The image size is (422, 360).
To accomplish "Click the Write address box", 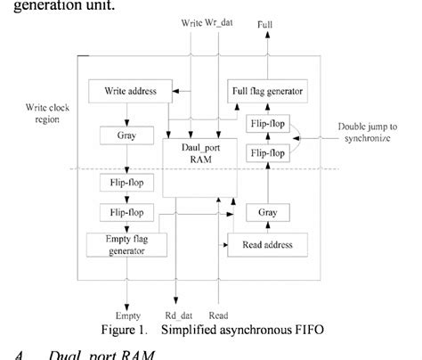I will [x=126, y=90].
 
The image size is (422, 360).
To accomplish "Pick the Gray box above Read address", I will [x=269, y=214].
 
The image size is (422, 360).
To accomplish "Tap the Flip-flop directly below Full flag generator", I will [x=270, y=124].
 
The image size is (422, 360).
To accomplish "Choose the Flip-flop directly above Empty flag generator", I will [x=125, y=213].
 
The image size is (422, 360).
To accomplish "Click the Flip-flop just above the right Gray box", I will [x=270, y=152].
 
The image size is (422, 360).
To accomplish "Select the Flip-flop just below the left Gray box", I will [x=125, y=184].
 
